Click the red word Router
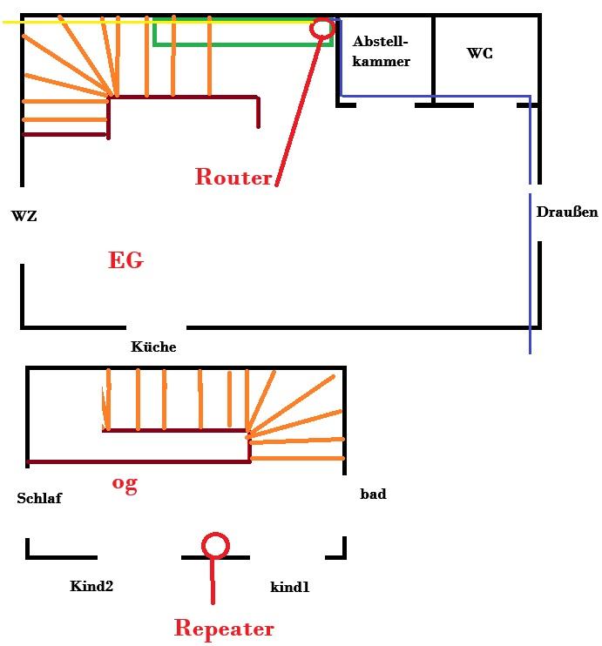[233, 177]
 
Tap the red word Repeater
[224, 628]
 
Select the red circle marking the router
[322, 28]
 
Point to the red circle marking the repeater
[215, 546]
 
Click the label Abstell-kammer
[381, 50]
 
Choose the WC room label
[479, 53]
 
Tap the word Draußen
[567, 212]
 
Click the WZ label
[24, 216]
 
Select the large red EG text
[125, 260]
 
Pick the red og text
[125, 484]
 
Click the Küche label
[153, 347]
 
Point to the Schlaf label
[39, 498]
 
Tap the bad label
[373, 494]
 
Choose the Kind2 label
[91, 586]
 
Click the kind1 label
[289, 588]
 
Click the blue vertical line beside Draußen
[530, 261]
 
